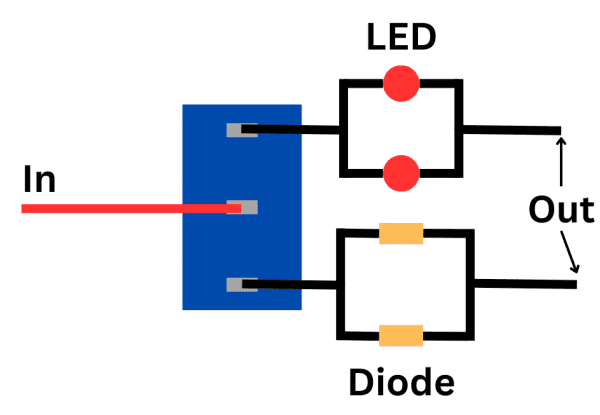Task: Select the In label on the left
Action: click(40, 180)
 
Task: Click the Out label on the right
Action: click(561, 211)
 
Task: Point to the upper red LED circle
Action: click(401, 83)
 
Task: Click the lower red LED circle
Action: click(401, 172)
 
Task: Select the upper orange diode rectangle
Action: click(401, 235)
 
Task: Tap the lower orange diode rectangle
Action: click(401, 335)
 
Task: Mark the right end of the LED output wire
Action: click(555, 130)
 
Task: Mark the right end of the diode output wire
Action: click(573, 285)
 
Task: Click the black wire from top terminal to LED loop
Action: click(295, 130)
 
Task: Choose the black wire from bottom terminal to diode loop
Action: click(295, 285)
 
